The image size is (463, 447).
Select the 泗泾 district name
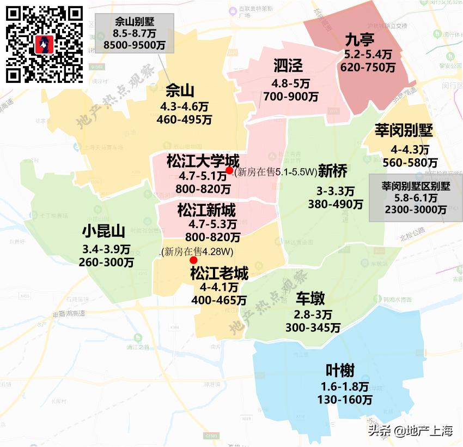click(x=288, y=67)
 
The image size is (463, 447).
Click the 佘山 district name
click(x=180, y=90)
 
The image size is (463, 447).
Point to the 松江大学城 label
click(x=203, y=162)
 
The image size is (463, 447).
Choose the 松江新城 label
click(x=206, y=210)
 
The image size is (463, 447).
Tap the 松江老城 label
click(x=219, y=273)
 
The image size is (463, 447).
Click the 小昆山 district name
click(x=103, y=231)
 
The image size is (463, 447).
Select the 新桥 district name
click(x=332, y=171)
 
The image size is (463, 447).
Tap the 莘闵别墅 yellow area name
click(x=404, y=131)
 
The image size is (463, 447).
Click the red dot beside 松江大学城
click(x=229, y=171)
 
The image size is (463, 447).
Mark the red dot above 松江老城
click(x=193, y=260)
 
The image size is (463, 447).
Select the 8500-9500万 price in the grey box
click(x=134, y=45)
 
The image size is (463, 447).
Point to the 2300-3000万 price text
click(x=416, y=210)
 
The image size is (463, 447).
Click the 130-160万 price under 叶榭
click(x=345, y=400)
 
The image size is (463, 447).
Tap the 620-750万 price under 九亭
click(x=368, y=67)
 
